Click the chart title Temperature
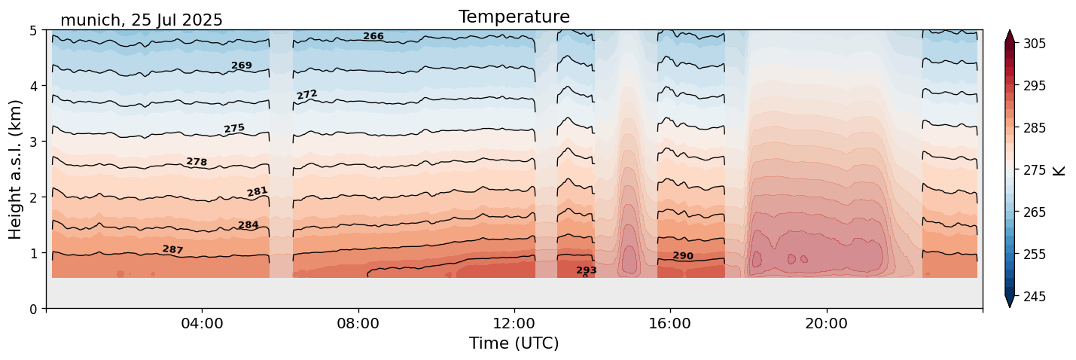[x=514, y=17]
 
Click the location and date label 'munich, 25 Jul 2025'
[x=142, y=20]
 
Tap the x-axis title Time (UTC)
[x=514, y=343]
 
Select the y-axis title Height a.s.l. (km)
[x=16, y=169]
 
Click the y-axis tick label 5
[x=34, y=30]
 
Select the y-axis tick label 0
[x=34, y=309]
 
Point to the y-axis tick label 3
[x=34, y=142]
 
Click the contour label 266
[x=373, y=36]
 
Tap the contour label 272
[x=306, y=95]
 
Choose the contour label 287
[x=172, y=249]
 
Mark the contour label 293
[x=587, y=270]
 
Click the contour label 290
[x=683, y=256]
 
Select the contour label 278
[x=197, y=162]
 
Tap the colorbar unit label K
[x=1059, y=170]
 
